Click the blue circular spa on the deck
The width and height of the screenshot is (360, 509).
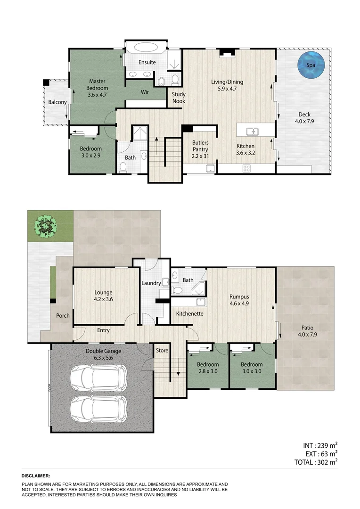coord(312,66)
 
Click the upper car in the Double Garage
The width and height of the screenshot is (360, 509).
coord(98,377)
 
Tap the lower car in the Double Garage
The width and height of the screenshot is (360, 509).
coord(98,408)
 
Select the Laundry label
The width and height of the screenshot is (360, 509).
coord(151,283)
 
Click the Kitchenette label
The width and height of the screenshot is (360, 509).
coord(190,313)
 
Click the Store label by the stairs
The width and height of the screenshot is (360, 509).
coord(162,350)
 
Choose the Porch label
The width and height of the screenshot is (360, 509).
coord(63,315)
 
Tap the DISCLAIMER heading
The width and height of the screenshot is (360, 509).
coord(36,476)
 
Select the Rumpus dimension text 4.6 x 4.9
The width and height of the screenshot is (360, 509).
coord(239,304)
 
